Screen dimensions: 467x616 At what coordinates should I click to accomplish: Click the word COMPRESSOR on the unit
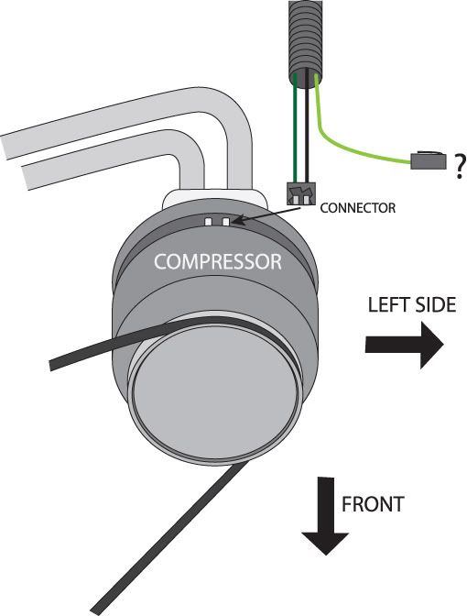click(218, 261)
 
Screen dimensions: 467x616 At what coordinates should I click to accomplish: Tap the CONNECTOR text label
click(357, 208)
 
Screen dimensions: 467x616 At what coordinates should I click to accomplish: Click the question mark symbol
click(459, 167)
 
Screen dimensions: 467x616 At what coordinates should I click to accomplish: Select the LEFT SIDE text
click(412, 305)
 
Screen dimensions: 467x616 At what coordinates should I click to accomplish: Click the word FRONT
click(373, 504)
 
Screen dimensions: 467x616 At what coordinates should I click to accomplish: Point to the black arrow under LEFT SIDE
click(404, 345)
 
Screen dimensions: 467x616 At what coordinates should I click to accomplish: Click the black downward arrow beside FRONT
click(325, 516)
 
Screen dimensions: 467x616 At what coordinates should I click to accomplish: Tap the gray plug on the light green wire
click(429, 159)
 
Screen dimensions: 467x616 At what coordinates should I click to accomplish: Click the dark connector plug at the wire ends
click(301, 193)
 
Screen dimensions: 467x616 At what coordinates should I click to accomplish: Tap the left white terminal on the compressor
click(209, 222)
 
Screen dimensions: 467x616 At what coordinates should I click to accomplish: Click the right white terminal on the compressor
click(225, 222)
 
